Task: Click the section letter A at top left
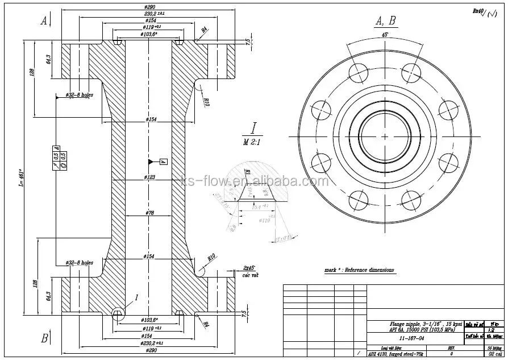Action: click(x=44, y=21)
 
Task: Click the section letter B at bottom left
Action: click(x=44, y=338)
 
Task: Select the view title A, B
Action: click(x=385, y=22)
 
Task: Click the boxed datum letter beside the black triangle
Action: click(x=163, y=162)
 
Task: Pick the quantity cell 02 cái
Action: click(x=494, y=353)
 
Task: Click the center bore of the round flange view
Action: click(x=385, y=136)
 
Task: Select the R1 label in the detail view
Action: click(x=248, y=172)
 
